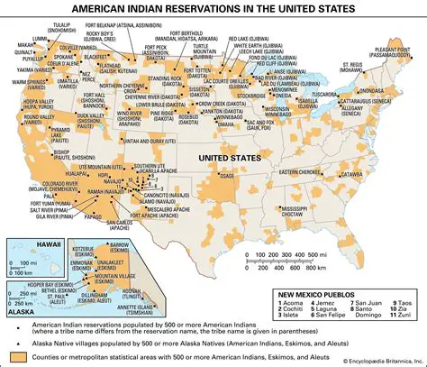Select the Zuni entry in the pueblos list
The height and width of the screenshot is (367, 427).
pos(399,318)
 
